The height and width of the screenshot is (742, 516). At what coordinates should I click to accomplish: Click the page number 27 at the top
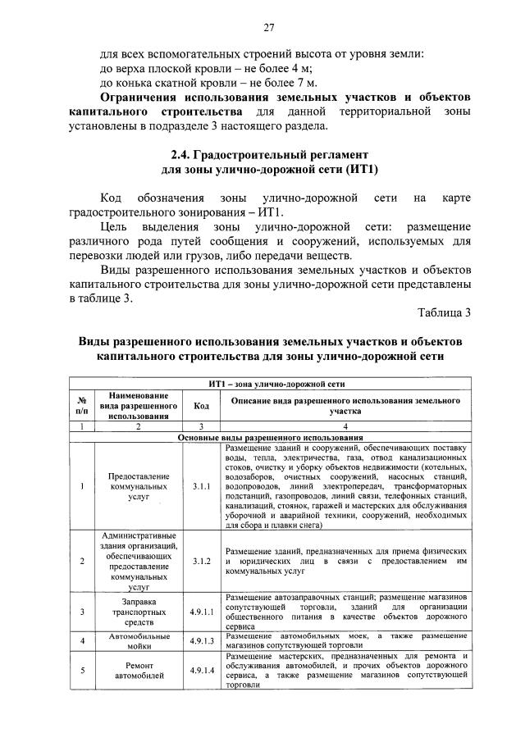tap(267, 29)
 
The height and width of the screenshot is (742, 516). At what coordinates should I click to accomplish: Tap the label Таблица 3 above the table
tap(444, 312)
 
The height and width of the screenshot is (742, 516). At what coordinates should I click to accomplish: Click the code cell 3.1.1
tap(201, 486)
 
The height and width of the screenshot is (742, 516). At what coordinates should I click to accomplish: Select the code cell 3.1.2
tap(201, 561)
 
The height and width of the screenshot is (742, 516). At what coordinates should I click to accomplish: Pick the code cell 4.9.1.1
tap(201, 612)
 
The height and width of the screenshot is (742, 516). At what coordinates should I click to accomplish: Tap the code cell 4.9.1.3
tap(201, 640)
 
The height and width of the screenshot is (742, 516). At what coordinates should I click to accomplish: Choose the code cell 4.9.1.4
tap(201, 671)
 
